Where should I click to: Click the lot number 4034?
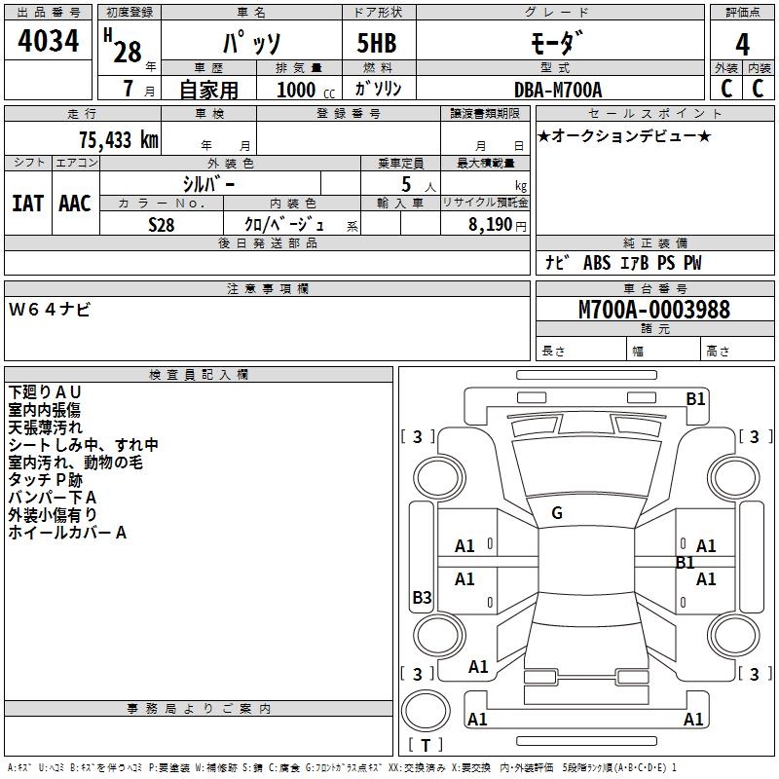pyautogui.click(x=49, y=43)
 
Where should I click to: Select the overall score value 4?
pyautogui.click(x=743, y=44)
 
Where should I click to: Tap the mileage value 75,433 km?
pyautogui.click(x=118, y=140)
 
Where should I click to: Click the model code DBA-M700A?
pyautogui.click(x=558, y=90)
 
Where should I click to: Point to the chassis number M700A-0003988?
pyautogui.click(x=653, y=310)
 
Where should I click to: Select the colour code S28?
pyautogui.click(x=162, y=224)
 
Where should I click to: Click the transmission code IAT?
pyautogui.click(x=27, y=203)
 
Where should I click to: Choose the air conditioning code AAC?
pyautogui.click(x=74, y=203)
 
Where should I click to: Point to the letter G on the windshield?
pyautogui.click(x=557, y=512)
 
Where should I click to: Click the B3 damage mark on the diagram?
pyautogui.click(x=422, y=598)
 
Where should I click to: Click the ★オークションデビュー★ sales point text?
pyautogui.click(x=623, y=135)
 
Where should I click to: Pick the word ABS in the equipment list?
pyautogui.click(x=596, y=263)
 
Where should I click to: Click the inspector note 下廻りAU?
pyautogui.click(x=45, y=391)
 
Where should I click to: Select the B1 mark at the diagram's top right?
pyautogui.click(x=695, y=398)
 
